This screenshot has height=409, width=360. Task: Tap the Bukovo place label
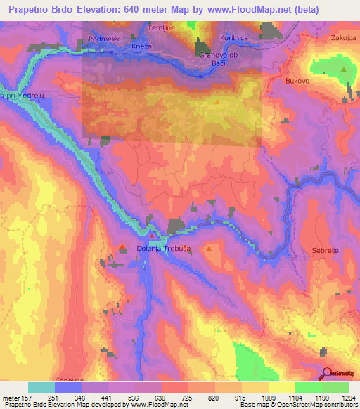pyautogui.click(x=298, y=82)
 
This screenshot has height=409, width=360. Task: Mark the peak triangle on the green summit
pyautogui.click(x=344, y=69)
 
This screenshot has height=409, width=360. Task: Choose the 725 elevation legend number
pyautogui.click(x=188, y=397)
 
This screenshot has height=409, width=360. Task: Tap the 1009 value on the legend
pyautogui.click(x=269, y=397)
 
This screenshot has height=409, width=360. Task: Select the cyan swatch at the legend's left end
pyautogui.click(x=41, y=387)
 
